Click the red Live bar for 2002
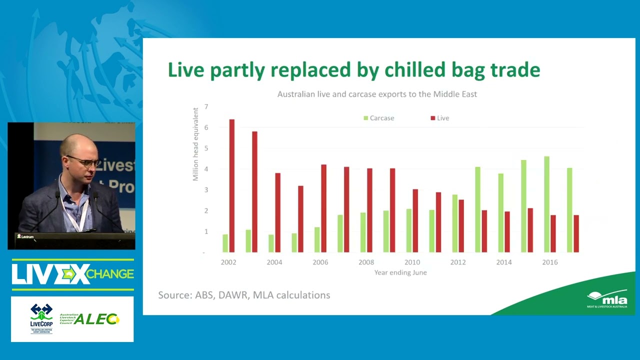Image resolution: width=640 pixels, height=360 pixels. [x=231, y=185]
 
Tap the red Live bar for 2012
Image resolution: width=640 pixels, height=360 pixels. [x=461, y=225]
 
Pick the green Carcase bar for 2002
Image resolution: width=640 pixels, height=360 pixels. [x=225, y=243]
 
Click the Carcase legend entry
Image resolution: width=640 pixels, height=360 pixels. [x=379, y=118]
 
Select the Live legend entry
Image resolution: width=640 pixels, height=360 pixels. [x=440, y=118]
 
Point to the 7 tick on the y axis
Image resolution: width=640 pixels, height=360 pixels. [x=205, y=107]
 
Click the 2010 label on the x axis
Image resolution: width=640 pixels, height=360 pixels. [x=412, y=262]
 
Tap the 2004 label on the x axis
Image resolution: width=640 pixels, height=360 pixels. [x=274, y=262]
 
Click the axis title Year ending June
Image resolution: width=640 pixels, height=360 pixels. [x=400, y=272]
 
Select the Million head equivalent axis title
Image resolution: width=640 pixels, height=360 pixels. [x=195, y=144]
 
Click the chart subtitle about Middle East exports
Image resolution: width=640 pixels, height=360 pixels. [x=377, y=94]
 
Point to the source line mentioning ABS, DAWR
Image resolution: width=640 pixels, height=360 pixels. [x=244, y=295]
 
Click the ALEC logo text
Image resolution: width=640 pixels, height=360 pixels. [x=96, y=319]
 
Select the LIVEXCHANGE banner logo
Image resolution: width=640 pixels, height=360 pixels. [x=72, y=274]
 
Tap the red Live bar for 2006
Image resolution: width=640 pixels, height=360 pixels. [x=323, y=208]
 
